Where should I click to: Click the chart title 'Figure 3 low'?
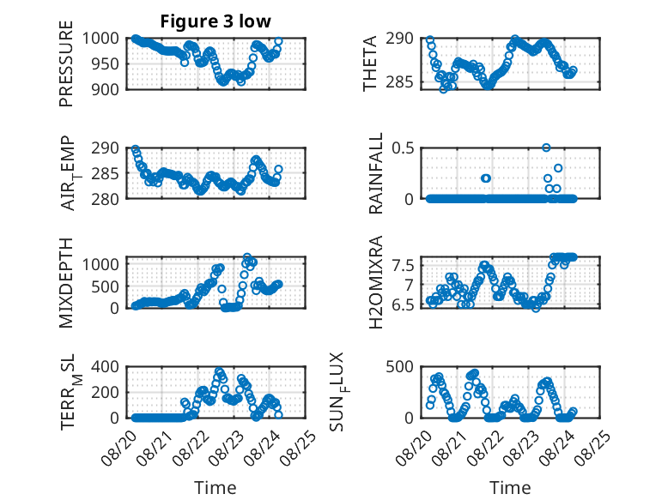coord(216,21)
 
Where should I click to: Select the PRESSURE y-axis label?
coord(66,63)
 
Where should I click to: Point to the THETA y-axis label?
coord(370,63)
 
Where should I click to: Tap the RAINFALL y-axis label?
coord(376,173)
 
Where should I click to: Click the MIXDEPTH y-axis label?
coord(66,283)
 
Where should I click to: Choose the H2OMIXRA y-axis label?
coord(376,282)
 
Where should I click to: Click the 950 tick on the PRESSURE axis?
coord(105,64)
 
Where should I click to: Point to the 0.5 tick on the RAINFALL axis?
coord(403,148)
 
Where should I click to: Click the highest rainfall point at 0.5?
coord(546,148)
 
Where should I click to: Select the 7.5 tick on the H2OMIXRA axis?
coord(403,266)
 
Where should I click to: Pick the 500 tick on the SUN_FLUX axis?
coord(400,366)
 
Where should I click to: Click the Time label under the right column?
coord(510,488)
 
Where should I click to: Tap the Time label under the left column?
coord(216,488)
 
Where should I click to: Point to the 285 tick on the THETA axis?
coord(400,82)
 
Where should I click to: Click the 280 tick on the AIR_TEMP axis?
coord(105,199)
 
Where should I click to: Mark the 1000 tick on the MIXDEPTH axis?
coord(100,264)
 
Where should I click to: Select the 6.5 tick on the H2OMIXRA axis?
coord(403,305)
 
